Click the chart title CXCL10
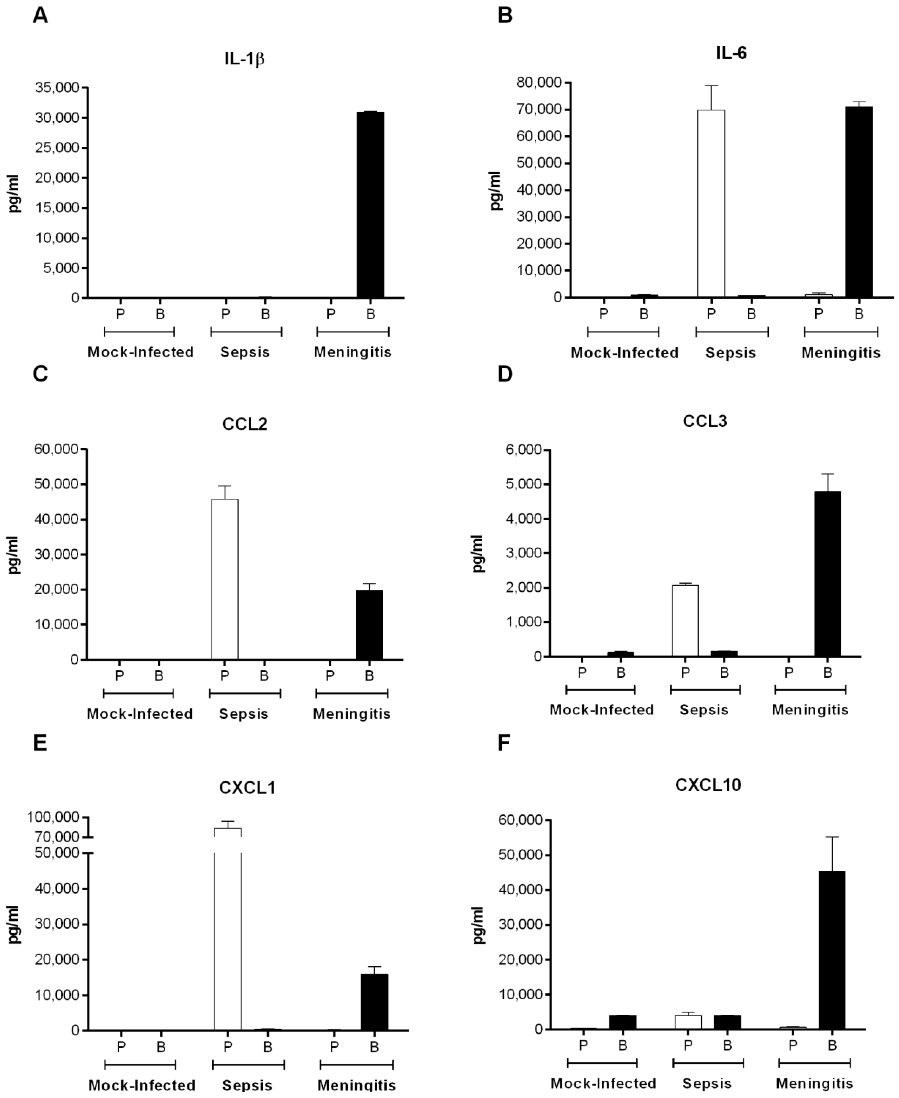(708, 785)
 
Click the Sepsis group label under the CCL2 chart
(243, 714)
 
